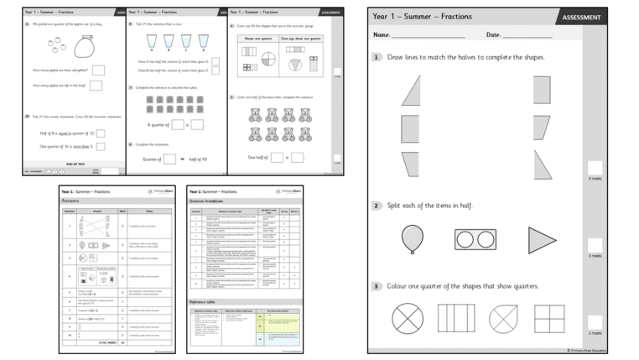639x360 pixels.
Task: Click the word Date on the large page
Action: pyautogui.click(x=494, y=34)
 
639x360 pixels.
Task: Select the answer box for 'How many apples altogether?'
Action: pyautogui.click(x=99, y=70)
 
